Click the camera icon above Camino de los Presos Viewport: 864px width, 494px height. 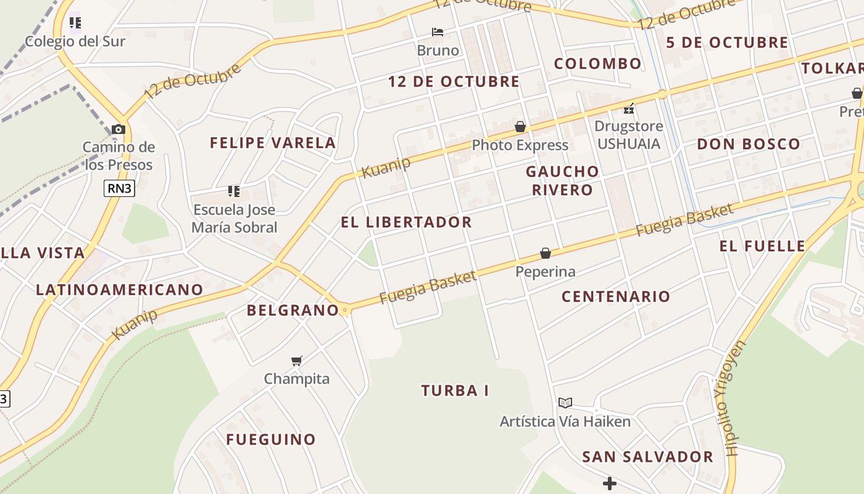click(118, 129)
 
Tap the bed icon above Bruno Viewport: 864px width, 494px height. click(438, 32)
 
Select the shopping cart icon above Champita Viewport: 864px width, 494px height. click(297, 361)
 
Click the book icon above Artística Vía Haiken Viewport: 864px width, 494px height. click(565, 403)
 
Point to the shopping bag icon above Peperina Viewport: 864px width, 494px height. click(546, 253)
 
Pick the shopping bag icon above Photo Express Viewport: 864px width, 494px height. click(520, 127)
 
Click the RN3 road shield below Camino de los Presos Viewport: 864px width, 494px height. click(119, 188)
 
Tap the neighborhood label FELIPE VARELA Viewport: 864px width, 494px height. click(273, 143)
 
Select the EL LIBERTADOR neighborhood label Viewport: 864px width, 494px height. click(406, 222)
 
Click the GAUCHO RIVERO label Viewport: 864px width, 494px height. click(562, 180)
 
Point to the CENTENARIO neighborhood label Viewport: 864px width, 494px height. click(615, 296)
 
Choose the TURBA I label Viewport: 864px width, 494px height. click(455, 390)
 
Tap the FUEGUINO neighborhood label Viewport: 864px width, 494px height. click(271, 440)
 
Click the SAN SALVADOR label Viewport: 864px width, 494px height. click(647, 457)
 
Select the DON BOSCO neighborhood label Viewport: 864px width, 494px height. click(748, 144)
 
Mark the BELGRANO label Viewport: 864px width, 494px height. click(293, 310)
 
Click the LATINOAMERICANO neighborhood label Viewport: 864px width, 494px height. click(119, 290)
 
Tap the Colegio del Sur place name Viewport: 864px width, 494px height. click(75, 41)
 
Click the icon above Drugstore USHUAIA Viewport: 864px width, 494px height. click(629, 109)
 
